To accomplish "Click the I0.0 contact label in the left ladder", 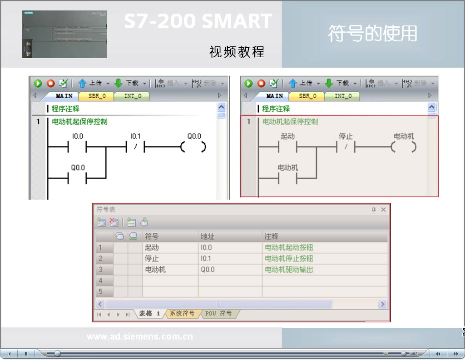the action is click(x=77, y=136).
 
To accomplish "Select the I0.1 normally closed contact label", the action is click(x=135, y=136).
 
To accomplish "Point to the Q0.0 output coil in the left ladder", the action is click(x=194, y=147).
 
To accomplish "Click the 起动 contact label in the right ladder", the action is click(x=287, y=136).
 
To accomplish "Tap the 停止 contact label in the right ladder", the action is click(x=346, y=136).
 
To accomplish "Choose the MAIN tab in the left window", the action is click(x=64, y=96).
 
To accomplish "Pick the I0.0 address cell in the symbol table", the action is click(x=206, y=248).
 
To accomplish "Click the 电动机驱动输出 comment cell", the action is click(x=289, y=270).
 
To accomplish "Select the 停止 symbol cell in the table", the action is click(x=152, y=259).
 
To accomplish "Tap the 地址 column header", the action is click(x=208, y=236).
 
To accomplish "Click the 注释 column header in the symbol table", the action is click(x=272, y=236).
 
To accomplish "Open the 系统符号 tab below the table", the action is click(x=182, y=314).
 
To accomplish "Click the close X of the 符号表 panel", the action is click(x=383, y=210).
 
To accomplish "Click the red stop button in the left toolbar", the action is click(x=51, y=83).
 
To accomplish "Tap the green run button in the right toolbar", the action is click(x=248, y=83).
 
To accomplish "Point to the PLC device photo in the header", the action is click(x=64, y=34).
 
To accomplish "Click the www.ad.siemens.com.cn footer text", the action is click(x=140, y=337).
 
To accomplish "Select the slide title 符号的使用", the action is click(x=372, y=34).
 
